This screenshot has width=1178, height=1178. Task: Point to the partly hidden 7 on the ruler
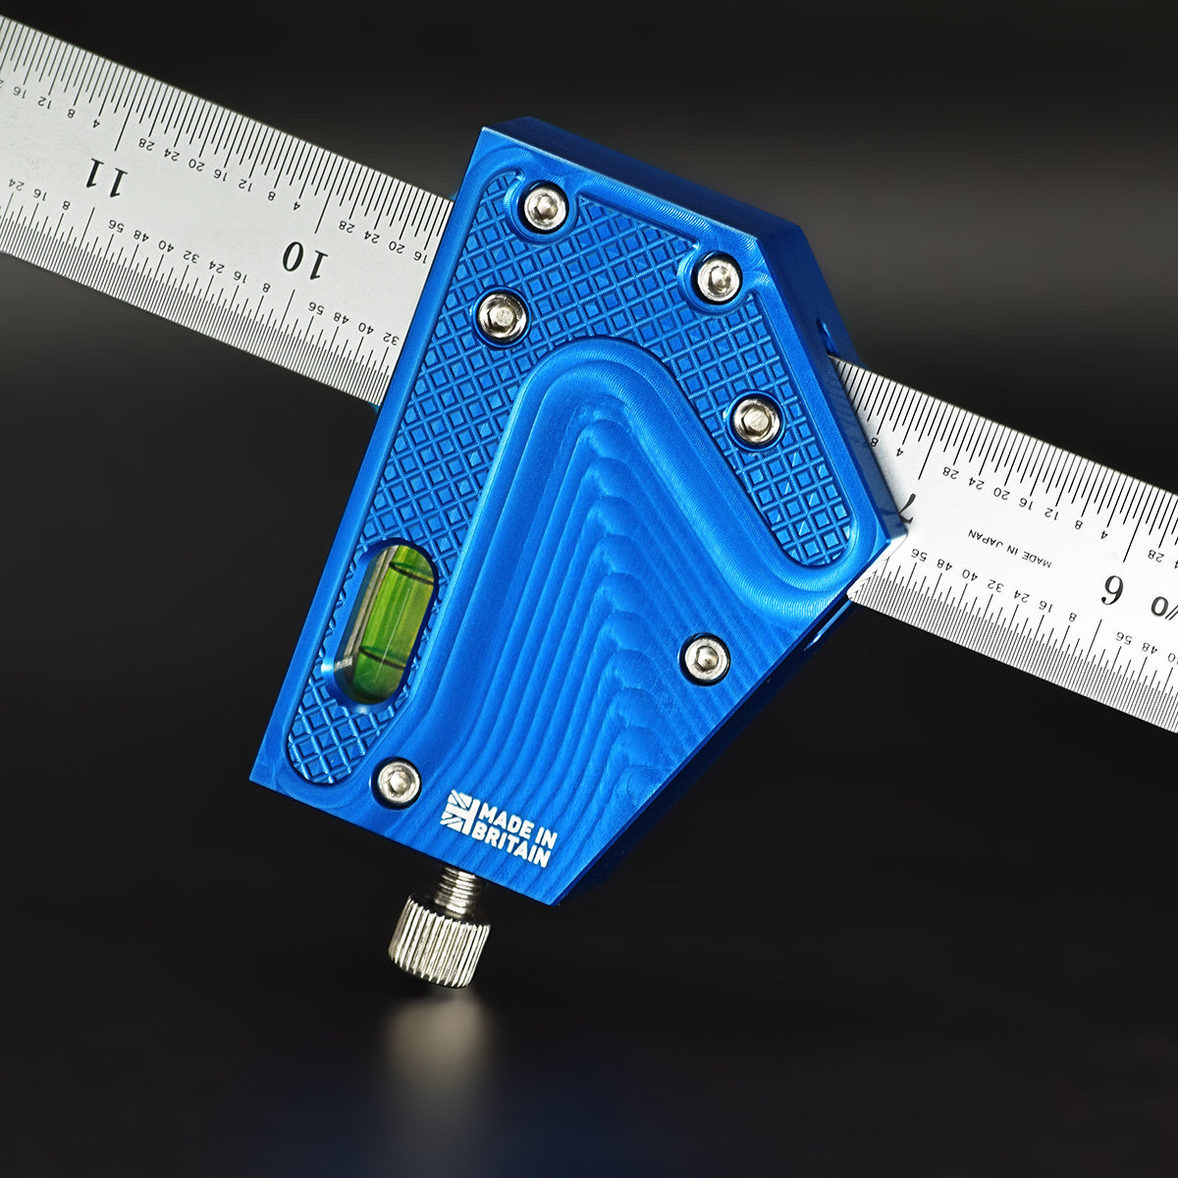[905, 508]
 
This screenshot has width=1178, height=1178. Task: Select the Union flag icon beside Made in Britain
[457, 811]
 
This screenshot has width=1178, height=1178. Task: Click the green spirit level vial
[385, 622]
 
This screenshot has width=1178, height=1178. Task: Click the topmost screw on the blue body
[545, 207]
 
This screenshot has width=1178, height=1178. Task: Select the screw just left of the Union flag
[399, 781]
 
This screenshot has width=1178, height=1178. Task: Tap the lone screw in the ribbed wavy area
[705, 658]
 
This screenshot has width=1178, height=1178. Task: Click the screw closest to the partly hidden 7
[756, 421]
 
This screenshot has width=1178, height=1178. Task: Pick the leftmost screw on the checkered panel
[502, 317]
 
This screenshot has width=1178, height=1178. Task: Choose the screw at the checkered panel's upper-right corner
[719, 279]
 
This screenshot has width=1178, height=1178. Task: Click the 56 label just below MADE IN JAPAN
[919, 554]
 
